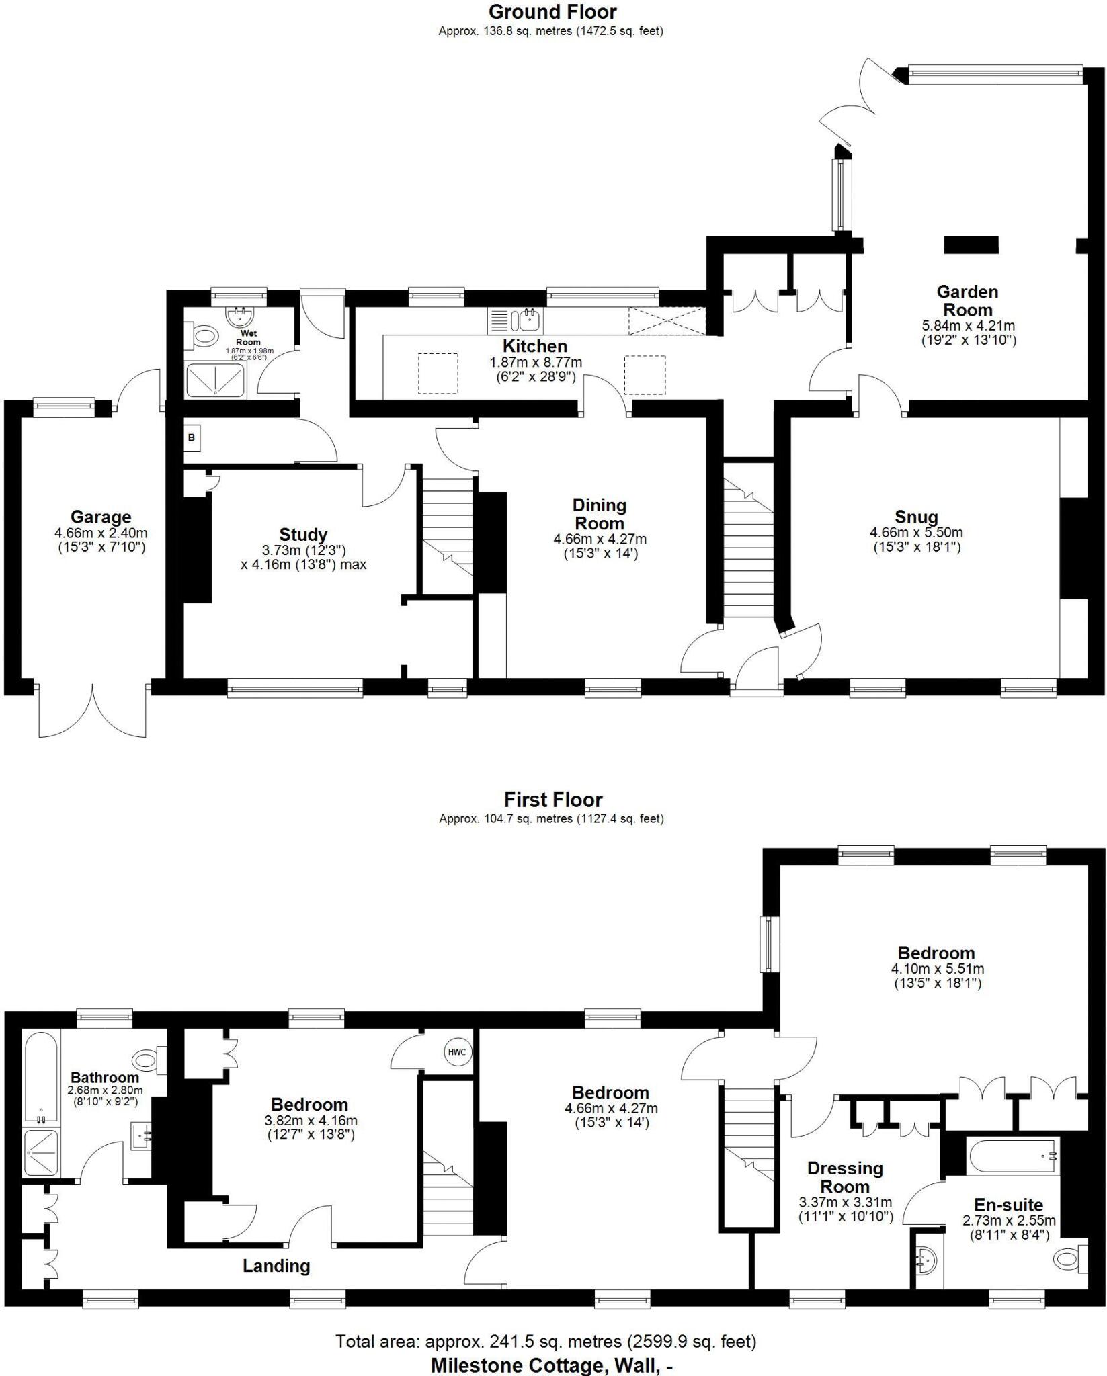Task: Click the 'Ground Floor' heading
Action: point(552,12)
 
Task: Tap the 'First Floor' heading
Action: point(552,800)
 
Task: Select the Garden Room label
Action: point(967,301)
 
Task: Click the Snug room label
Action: point(916,517)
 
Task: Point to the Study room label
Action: point(303,535)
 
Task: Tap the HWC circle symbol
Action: point(456,1052)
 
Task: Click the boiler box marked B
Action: point(192,437)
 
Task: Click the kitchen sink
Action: point(529,320)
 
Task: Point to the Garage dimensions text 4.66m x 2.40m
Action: point(101,533)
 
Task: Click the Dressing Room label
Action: point(845,1178)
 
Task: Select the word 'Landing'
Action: point(276,1266)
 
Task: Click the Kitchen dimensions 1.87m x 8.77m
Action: point(536,362)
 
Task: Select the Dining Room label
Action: point(598,514)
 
